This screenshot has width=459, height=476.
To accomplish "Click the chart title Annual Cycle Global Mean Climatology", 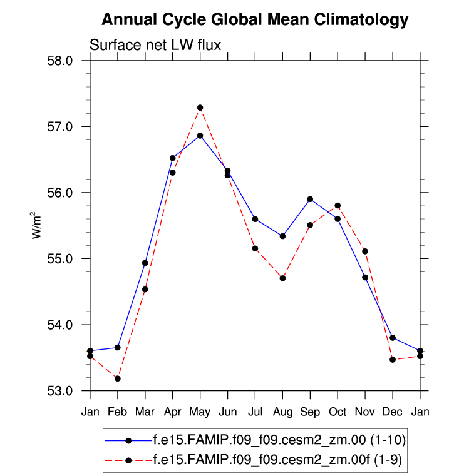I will click(255, 20).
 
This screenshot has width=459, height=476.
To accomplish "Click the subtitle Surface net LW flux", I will click(155, 44).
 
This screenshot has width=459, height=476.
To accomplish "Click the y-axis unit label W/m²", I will click(36, 225).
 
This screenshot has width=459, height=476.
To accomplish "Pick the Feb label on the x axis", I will click(118, 412).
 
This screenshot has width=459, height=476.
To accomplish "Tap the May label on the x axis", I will click(200, 412).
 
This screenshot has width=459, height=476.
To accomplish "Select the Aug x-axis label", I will click(282, 412).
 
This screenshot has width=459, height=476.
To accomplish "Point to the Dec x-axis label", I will click(393, 412).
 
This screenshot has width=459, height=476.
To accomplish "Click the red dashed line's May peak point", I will click(200, 108).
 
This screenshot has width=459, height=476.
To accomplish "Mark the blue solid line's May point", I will click(200, 135).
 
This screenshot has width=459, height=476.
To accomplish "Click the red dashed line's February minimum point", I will click(118, 378).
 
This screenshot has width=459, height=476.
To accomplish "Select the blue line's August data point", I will click(282, 236).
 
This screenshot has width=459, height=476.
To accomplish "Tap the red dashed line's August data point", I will click(282, 278).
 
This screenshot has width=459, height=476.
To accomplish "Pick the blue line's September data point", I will click(310, 199).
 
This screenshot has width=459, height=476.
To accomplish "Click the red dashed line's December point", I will click(393, 360).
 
